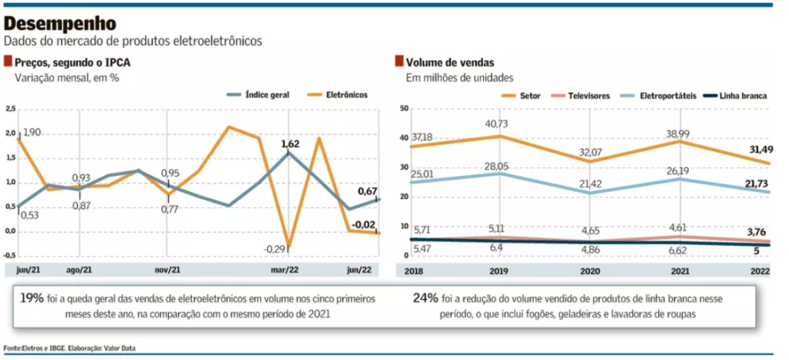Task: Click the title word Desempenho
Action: pos(61,24)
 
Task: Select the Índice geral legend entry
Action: pos(267,95)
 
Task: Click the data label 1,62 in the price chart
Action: pos(290,143)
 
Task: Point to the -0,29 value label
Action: pos(275,249)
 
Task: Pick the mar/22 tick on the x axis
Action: pos(285,270)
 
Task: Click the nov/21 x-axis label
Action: pos(167,270)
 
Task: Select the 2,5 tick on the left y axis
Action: pos(10,109)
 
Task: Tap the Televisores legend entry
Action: pos(583,95)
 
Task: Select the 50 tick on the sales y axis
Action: pos(402,109)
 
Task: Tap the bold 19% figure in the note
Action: pos(32,297)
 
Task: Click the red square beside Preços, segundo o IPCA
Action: pos(8,62)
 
